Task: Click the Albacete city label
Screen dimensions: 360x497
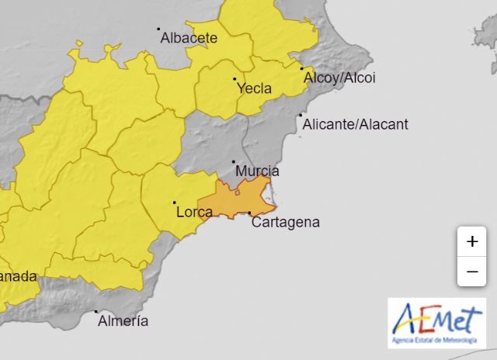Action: point(188,36)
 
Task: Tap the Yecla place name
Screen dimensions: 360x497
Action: point(255,88)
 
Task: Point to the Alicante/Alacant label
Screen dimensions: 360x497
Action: point(355,124)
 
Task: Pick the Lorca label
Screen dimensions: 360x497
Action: point(195,211)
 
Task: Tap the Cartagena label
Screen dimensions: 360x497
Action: point(286,222)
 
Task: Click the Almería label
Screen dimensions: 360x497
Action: point(123,320)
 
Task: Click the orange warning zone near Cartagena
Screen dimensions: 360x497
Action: point(237,200)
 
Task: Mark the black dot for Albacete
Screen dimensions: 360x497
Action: point(158,29)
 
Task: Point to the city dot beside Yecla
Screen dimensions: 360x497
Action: point(235,78)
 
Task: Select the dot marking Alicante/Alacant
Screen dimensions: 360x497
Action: point(301,116)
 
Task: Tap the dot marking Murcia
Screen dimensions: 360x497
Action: point(234,162)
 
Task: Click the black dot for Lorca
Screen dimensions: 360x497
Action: point(174,203)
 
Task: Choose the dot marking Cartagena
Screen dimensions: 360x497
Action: point(249,213)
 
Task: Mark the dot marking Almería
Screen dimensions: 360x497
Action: point(96,312)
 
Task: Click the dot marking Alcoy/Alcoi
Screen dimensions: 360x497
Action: point(302,69)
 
